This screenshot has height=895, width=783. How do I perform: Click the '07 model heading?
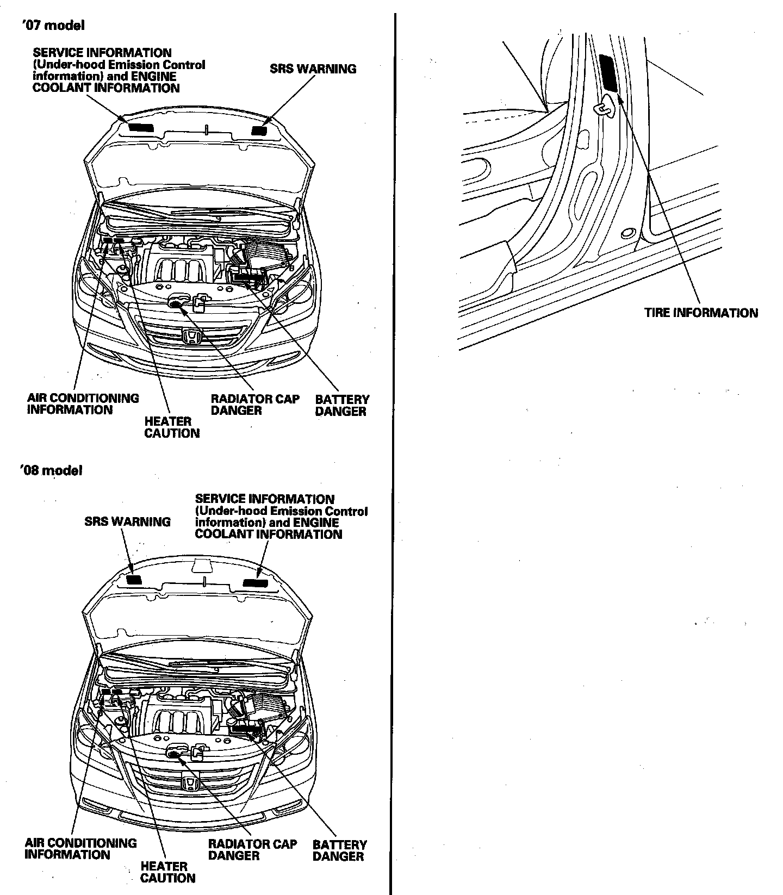coord(52,25)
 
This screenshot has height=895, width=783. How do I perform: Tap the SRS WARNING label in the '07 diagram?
coord(313,69)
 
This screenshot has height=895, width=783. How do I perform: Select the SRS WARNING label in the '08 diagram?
coord(127,522)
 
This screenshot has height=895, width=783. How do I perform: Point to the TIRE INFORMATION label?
coord(700,313)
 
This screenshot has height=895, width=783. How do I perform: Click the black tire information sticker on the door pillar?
coord(608,72)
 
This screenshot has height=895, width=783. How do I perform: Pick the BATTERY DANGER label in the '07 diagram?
coord(341,406)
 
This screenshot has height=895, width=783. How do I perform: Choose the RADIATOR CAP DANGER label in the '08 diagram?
coord(252,850)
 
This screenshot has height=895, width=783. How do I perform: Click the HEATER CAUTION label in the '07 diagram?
coord(171,427)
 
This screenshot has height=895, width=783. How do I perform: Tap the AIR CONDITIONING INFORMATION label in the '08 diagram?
coord(80,849)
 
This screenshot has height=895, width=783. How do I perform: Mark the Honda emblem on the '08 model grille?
coord(190,784)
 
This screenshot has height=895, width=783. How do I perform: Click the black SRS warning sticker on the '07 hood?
coord(259,129)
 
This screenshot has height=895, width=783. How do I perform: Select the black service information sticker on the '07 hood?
coord(140,127)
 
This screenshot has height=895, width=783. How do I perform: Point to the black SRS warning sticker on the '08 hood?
coord(134,580)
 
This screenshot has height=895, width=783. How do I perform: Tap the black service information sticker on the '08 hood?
coord(254,582)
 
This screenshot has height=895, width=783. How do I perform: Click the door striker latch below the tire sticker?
coord(604,108)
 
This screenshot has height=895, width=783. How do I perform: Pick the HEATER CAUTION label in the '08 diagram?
coord(167,872)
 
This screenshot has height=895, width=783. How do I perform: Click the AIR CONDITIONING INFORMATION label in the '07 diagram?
coord(83,404)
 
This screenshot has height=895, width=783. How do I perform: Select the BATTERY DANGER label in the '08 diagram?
coord(339,850)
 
